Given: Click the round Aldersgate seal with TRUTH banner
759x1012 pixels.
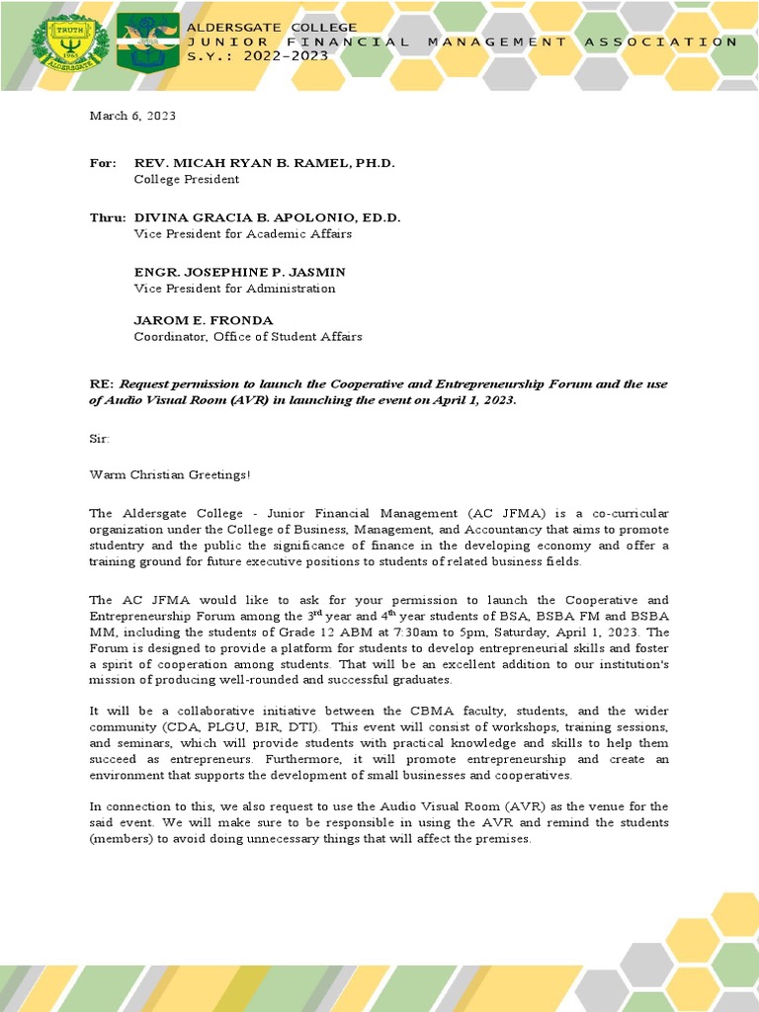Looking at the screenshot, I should click(x=70, y=43).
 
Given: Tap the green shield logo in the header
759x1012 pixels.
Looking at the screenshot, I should click(x=147, y=43).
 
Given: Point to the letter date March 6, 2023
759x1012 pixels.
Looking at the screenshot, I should click(x=132, y=116).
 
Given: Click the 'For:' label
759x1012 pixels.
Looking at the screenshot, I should click(x=103, y=162).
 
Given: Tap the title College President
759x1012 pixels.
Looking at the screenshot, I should click(x=186, y=180).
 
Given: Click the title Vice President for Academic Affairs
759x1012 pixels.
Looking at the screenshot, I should click(x=242, y=234).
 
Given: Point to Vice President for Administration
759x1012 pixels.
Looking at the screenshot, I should click(x=234, y=289).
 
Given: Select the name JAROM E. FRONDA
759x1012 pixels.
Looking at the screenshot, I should click(x=204, y=319).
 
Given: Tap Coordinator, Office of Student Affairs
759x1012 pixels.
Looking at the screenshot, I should click(x=248, y=337).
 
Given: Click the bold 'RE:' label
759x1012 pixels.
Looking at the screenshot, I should click(x=102, y=383).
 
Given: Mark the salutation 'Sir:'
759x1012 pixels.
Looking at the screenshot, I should click(x=100, y=437).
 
